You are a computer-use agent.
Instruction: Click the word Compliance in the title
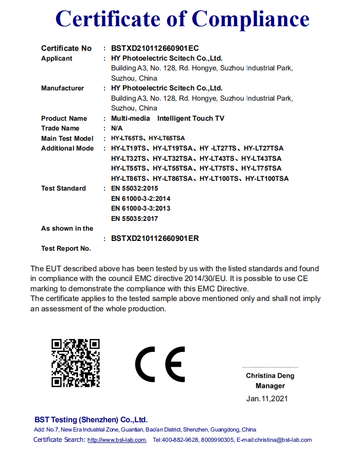pyautogui.click(x=250, y=19)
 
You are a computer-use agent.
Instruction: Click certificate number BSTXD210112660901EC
pyautogui.click(x=155, y=48)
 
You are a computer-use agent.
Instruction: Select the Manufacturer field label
pyautogui.click(x=62, y=88)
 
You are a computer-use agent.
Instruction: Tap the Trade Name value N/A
pyautogui.click(x=117, y=128)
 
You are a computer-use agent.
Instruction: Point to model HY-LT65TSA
pyautogui.click(x=167, y=139)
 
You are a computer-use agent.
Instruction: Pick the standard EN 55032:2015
pyautogui.click(x=134, y=189)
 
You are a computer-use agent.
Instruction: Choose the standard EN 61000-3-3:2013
pyautogui.click(x=140, y=209)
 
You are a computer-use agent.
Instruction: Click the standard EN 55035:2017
pyautogui.click(x=134, y=219)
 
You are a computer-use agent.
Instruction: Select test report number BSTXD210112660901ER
pyautogui.click(x=155, y=238)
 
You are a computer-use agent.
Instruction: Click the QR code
pyautogui.click(x=75, y=363)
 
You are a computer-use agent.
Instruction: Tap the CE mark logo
pyautogui.click(x=160, y=363)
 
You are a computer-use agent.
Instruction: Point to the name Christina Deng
pyautogui.click(x=270, y=376)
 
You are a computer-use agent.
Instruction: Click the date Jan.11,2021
pyautogui.click(x=267, y=398)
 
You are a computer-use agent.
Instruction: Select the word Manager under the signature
pyautogui.click(x=270, y=386)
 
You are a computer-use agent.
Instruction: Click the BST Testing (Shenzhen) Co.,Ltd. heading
pyautogui.click(x=91, y=420)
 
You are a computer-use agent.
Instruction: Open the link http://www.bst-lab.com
pyautogui.click(x=117, y=440)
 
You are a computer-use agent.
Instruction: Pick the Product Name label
pyautogui.click(x=64, y=119)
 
